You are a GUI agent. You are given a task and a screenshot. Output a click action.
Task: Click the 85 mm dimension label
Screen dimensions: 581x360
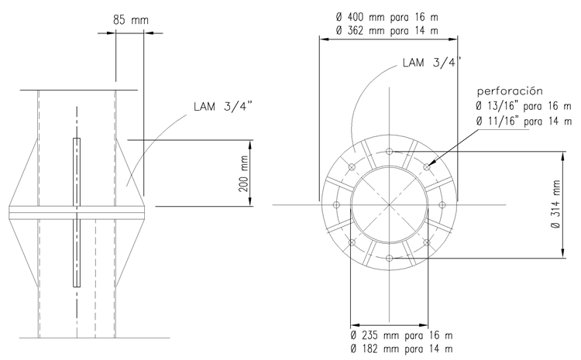click(x=130, y=19)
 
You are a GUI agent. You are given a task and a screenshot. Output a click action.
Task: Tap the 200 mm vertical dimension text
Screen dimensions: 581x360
click(x=243, y=173)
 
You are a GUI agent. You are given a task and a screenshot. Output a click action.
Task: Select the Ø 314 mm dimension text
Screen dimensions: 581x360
click(x=555, y=204)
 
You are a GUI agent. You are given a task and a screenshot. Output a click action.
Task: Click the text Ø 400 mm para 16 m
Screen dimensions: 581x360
click(x=387, y=17)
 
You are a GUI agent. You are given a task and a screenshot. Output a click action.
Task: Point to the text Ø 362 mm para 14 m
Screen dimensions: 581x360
click(x=387, y=30)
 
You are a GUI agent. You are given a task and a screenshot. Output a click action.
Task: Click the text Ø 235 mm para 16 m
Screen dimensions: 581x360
click(x=401, y=335)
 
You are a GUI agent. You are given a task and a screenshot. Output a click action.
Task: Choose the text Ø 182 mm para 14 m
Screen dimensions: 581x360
click(x=401, y=349)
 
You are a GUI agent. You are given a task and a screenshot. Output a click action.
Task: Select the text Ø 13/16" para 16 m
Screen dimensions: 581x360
click(x=524, y=106)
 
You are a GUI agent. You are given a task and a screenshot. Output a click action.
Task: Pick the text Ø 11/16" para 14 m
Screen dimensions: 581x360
click(x=524, y=122)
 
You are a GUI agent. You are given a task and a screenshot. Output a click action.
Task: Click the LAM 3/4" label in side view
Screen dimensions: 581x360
click(x=223, y=106)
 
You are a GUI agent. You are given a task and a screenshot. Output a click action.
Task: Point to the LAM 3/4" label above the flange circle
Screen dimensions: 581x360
click(x=432, y=62)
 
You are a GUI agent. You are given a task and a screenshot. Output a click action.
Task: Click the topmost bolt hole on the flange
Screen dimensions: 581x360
click(x=389, y=152)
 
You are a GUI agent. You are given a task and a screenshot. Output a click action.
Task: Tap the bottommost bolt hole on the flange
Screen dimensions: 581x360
click(x=389, y=258)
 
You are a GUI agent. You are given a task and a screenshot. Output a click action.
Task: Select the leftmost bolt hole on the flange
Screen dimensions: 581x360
click(x=336, y=205)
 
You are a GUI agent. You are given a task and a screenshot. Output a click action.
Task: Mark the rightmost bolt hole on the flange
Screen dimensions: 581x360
click(x=442, y=205)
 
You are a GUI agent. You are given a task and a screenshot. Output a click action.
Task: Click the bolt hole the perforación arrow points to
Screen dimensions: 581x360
click(x=427, y=167)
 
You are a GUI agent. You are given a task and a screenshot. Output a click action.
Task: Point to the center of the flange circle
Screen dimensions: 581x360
click(x=389, y=205)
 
